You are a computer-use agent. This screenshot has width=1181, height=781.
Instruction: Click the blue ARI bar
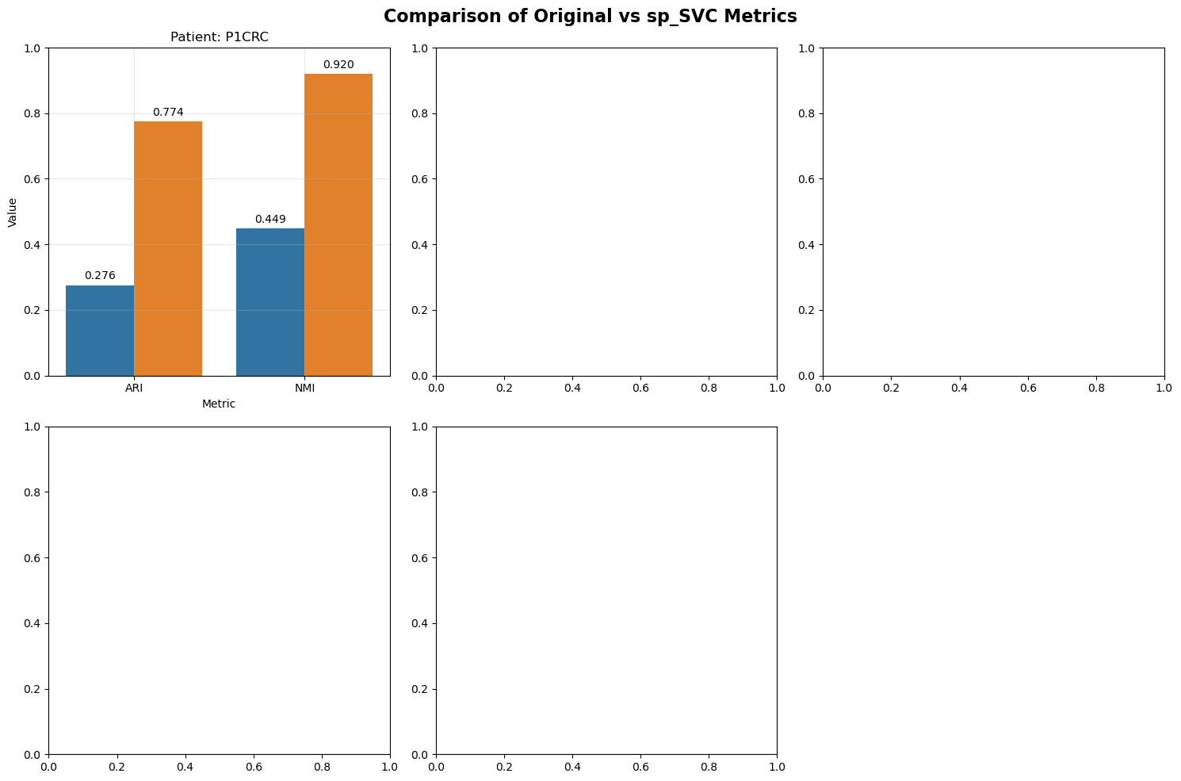click(x=100, y=331)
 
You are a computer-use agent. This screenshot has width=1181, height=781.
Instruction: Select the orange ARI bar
click(x=168, y=248)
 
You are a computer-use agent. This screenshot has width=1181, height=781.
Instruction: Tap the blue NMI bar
click(x=270, y=302)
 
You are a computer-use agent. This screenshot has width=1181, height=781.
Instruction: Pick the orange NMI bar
click(x=338, y=224)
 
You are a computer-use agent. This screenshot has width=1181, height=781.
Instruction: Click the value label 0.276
click(x=100, y=275)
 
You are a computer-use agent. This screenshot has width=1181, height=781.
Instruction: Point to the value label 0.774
click(x=168, y=112)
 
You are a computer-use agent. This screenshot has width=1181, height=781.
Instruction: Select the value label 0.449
click(x=270, y=219)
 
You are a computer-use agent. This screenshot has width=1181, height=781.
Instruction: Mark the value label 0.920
click(x=338, y=64)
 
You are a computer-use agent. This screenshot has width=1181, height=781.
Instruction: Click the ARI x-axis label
click(x=134, y=389)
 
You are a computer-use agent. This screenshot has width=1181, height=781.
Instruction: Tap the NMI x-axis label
click(x=304, y=389)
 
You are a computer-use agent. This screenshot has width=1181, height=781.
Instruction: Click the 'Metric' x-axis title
click(x=219, y=404)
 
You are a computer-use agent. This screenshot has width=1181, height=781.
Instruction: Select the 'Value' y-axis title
click(x=13, y=212)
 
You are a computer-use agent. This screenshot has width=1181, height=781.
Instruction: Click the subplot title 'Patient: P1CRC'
click(x=220, y=37)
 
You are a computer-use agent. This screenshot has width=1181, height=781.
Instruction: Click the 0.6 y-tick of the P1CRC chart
click(x=32, y=178)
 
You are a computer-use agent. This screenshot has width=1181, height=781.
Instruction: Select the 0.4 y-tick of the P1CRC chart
click(x=32, y=245)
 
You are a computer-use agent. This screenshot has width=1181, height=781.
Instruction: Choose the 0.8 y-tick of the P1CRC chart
click(x=32, y=113)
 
